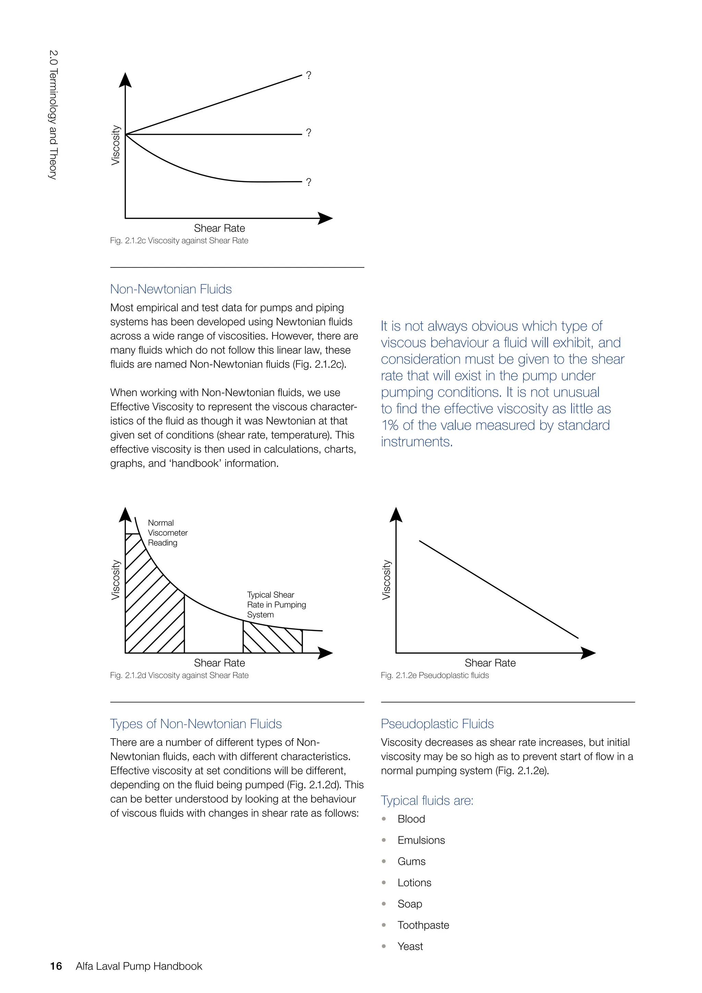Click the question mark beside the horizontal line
[308, 133]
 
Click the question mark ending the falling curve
[308, 182]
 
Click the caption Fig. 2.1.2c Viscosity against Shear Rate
[179, 240]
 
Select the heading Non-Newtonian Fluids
[171, 289]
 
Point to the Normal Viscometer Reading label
[167, 533]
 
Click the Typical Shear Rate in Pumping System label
[276, 604]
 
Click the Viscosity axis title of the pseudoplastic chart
[386, 579]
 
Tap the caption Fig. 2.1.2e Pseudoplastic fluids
[434, 675]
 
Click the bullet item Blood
[411, 819]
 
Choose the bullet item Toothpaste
[423, 925]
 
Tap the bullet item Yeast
[410, 946]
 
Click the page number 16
[56, 966]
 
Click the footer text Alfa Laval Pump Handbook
[139, 966]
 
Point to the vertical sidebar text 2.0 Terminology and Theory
[53, 115]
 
